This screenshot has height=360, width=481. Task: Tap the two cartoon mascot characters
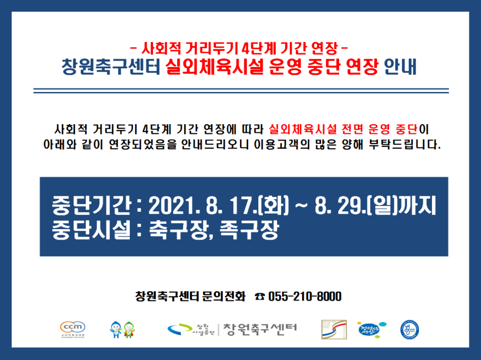pos(122,330)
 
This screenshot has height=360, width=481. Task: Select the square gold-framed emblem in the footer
pos(334,329)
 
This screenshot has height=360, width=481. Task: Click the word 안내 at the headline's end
pos(401,66)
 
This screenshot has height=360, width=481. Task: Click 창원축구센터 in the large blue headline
pos(111,66)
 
